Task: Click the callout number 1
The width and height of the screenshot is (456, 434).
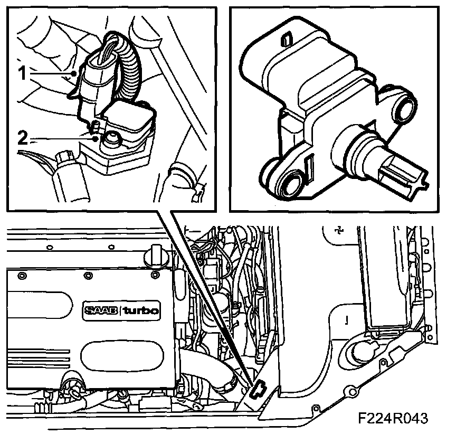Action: pyautogui.click(x=23, y=73)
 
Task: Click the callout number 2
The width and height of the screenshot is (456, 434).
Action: pyautogui.click(x=23, y=138)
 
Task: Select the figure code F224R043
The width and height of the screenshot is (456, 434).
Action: pyautogui.click(x=393, y=418)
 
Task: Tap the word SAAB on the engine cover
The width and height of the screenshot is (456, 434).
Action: pyautogui.click(x=101, y=310)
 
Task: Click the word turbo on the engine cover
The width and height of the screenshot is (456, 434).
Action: pyautogui.click(x=141, y=310)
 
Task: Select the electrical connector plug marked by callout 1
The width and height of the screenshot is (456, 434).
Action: pyautogui.click(x=96, y=84)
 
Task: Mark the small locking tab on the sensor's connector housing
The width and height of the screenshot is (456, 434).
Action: pyautogui.click(x=286, y=39)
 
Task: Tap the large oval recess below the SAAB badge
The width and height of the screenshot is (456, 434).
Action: pyautogui.click(x=121, y=357)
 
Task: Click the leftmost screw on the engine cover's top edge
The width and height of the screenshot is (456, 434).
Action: pyautogui.click(x=21, y=275)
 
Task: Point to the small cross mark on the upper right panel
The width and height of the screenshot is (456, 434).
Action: pyautogui.click(x=339, y=230)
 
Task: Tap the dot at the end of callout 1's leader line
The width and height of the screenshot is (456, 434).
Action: pyautogui.click(x=74, y=73)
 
